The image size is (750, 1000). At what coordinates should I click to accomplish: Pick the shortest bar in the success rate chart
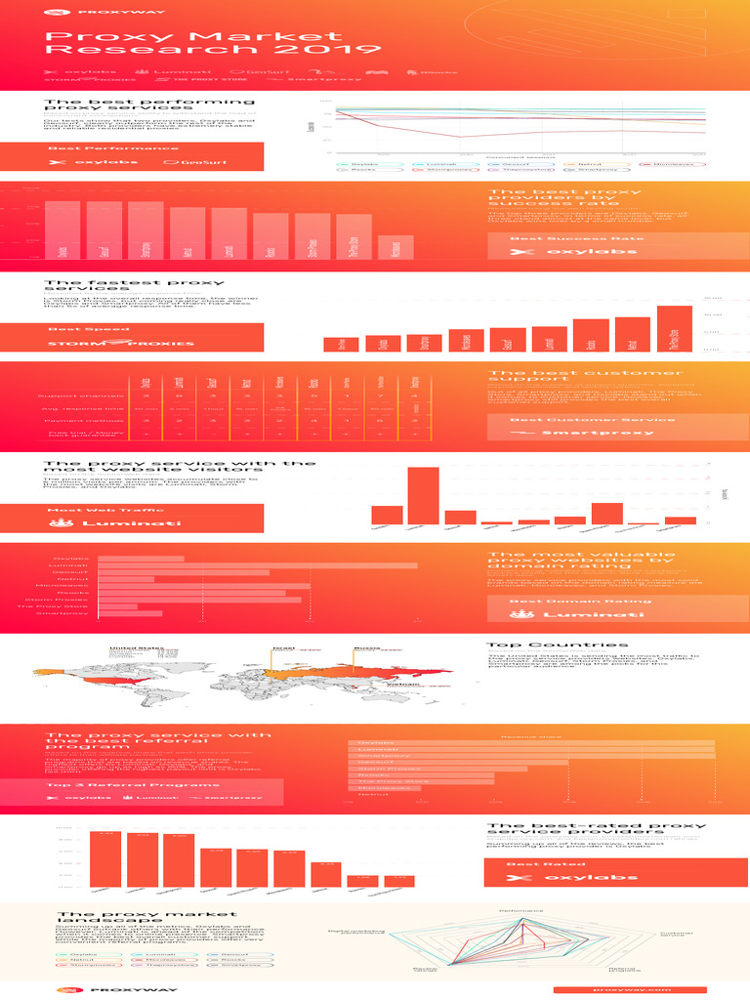pyautogui.click(x=396, y=246)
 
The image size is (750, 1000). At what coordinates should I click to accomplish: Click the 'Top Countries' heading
pyautogui.click(x=543, y=645)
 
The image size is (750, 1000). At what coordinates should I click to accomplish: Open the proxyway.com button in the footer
pyautogui.click(x=629, y=989)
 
